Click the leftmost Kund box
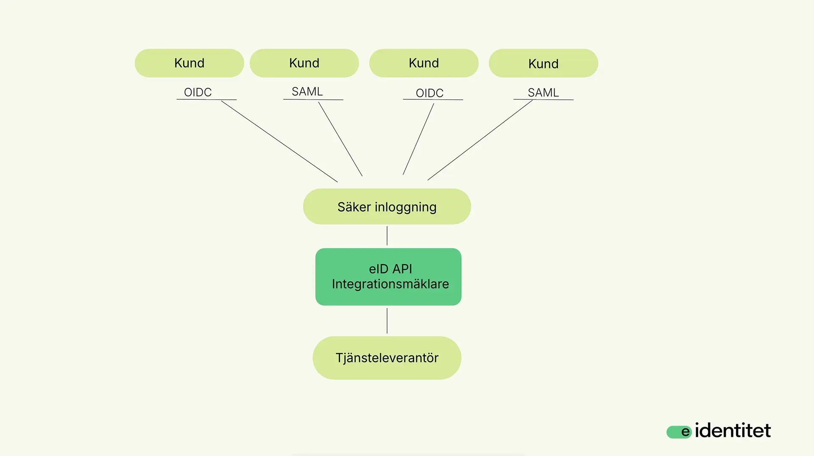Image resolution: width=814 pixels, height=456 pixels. click(189, 63)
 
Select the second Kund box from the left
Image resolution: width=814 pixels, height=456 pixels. click(304, 63)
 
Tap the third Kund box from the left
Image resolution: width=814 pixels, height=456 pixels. click(424, 63)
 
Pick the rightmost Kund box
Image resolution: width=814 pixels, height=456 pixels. click(543, 63)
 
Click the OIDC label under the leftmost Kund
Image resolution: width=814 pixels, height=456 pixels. click(198, 92)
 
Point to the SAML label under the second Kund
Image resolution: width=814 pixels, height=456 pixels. click(307, 91)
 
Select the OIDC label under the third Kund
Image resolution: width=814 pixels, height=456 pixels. click(429, 93)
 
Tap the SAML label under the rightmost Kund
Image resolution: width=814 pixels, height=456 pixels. click(543, 93)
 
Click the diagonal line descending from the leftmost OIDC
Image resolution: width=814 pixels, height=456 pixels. click(279, 141)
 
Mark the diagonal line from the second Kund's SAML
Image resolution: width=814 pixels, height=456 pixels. click(340, 139)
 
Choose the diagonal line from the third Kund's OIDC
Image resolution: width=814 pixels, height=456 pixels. click(418, 139)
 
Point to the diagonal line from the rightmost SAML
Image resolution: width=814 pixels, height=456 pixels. click(480, 140)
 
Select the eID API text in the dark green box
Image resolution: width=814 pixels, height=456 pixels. click(390, 269)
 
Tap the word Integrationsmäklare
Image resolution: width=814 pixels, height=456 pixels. click(390, 284)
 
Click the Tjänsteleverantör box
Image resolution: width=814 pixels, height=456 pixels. click(387, 358)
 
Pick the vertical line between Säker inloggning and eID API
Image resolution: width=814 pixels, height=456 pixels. click(387, 236)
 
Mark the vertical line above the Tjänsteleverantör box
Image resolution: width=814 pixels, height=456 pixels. click(387, 321)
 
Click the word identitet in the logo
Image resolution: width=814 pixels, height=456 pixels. click(733, 431)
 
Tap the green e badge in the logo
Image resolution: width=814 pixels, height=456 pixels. click(679, 432)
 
